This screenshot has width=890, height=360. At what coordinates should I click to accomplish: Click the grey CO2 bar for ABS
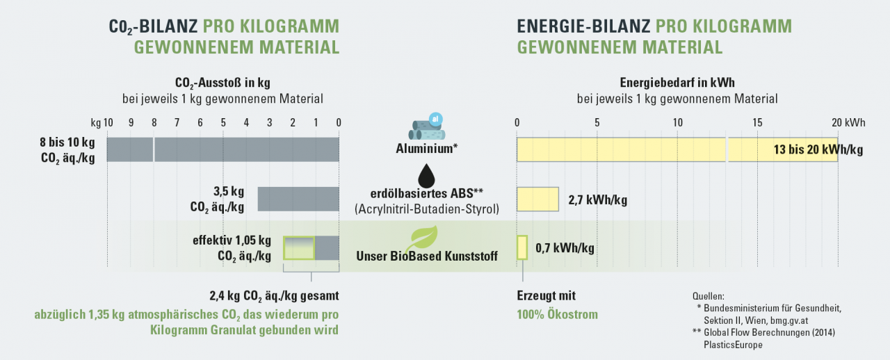tap(298, 199)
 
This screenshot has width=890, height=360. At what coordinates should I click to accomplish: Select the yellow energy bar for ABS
tap(537, 199)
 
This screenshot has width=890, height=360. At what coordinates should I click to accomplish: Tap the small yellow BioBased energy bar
tap(522, 247)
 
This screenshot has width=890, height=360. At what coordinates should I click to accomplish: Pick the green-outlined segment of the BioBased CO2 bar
tap(299, 248)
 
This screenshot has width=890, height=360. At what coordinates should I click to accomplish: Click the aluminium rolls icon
tap(427, 126)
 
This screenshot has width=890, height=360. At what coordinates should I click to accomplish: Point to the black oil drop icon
tap(427, 176)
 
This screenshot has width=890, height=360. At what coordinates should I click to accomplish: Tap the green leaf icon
tap(421, 238)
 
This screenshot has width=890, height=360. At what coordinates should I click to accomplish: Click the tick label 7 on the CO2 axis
tap(177, 123)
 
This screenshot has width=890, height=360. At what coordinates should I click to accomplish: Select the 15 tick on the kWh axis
tap(757, 123)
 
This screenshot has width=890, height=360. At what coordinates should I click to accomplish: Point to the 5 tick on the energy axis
tap(597, 123)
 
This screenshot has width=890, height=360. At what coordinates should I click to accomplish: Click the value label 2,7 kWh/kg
tap(597, 200)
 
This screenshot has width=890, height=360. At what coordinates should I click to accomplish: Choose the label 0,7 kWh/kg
tap(565, 248)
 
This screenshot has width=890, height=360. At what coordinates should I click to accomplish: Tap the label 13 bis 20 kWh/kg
tap(818, 150)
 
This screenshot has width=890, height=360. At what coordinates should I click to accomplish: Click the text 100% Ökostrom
tap(557, 314)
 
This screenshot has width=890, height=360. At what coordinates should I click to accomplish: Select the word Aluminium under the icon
tap(424, 149)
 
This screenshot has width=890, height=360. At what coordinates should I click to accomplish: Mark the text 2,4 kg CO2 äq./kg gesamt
tap(274, 296)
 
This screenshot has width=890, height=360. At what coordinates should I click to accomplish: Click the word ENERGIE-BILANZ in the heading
tap(583, 26)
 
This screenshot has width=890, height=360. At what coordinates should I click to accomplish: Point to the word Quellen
tap(709, 296)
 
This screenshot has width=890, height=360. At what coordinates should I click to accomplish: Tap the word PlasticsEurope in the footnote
tap(733, 345)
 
